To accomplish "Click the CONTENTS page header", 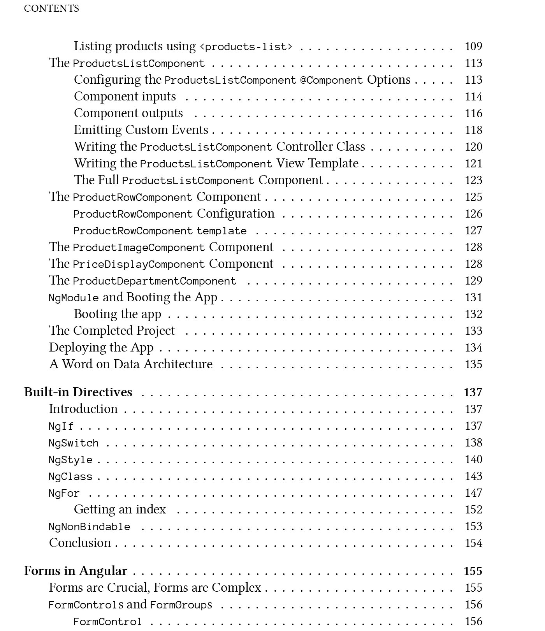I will pyautogui.click(x=51, y=9).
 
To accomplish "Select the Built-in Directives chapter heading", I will pyautogui.click(x=78, y=392).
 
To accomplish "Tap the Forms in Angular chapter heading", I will pyautogui.click(x=76, y=571).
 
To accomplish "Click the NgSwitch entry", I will pyautogui.click(x=74, y=443).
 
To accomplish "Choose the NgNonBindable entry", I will pyautogui.click(x=89, y=527).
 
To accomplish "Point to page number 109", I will pyautogui.click(x=473, y=46).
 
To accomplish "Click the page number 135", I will pyautogui.click(x=473, y=364).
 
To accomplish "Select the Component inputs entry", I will pyautogui.click(x=125, y=97).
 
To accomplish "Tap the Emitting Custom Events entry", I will pyautogui.click(x=141, y=130).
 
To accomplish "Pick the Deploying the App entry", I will pyautogui.click(x=101, y=347).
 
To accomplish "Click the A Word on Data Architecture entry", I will pyautogui.click(x=131, y=364).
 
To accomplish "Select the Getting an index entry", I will pyautogui.click(x=120, y=510).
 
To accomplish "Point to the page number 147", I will pyautogui.click(x=473, y=493).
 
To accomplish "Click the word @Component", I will pyautogui.click(x=331, y=80).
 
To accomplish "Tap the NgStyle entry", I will pyautogui.click(x=70, y=460).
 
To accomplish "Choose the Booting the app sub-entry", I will pyautogui.click(x=117, y=314).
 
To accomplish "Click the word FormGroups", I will pyautogui.click(x=181, y=605).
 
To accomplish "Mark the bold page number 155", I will pyautogui.click(x=473, y=571).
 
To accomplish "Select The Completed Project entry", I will pyautogui.click(x=112, y=330).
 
